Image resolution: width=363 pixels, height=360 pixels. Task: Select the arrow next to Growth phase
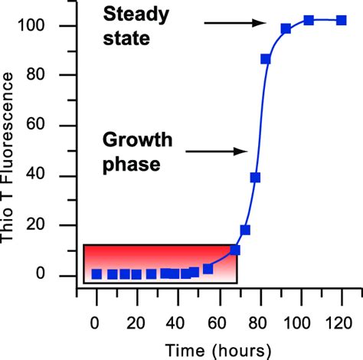click(x=214, y=151)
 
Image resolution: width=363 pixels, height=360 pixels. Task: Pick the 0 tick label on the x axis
click(x=96, y=321)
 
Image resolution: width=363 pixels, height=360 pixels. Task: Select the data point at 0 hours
click(x=96, y=273)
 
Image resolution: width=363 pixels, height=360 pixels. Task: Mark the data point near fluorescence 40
click(x=255, y=178)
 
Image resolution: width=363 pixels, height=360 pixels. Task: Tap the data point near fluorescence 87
click(x=266, y=59)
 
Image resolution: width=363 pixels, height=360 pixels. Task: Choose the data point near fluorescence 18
click(x=245, y=230)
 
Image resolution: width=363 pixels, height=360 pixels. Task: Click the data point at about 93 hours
click(x=286, y=29)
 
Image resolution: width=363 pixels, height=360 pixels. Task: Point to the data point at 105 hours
click(x=309, y=21)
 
